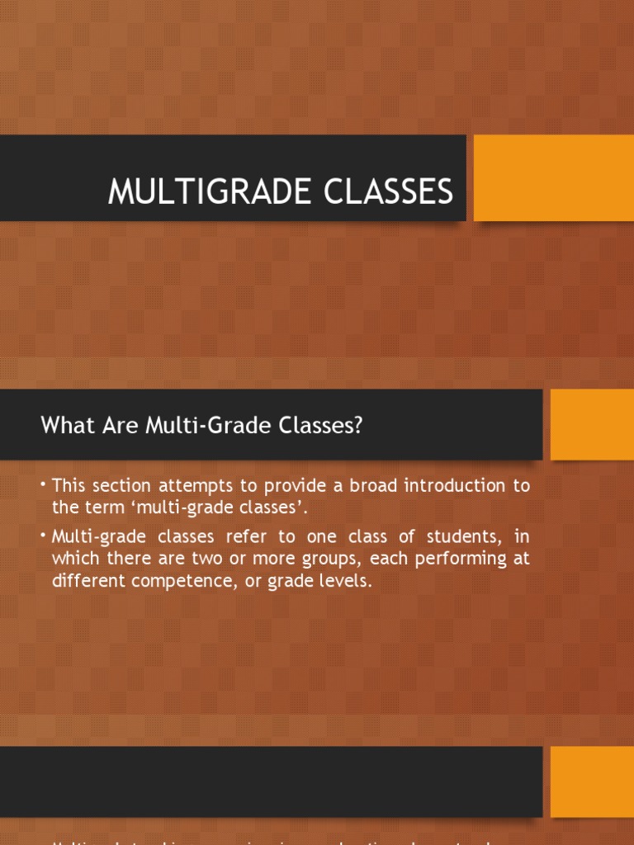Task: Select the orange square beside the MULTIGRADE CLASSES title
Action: [553, 178]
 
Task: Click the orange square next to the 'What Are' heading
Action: [591, 424]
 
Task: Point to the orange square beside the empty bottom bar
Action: [591, 781]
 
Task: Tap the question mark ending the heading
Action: [358, 427]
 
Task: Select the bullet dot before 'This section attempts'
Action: [45, 483]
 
